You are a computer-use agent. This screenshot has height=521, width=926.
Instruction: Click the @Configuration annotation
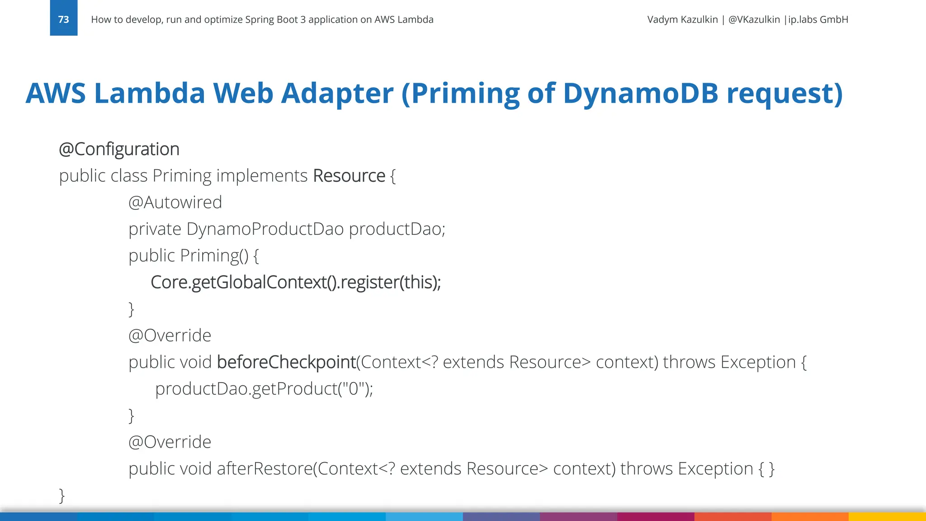(x=119, y=149)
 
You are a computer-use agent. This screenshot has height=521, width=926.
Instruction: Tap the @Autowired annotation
(x=175, y=202)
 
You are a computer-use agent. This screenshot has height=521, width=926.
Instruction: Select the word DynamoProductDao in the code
(x=265, y=229)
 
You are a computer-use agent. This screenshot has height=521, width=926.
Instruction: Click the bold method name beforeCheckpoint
(x=286, y=362)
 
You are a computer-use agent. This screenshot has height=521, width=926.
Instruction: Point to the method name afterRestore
(x=265, y=469)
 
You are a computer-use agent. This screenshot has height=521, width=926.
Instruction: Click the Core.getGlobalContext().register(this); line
(x=295, y=282)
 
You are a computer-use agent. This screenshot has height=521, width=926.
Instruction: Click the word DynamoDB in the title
(x=640, y=94)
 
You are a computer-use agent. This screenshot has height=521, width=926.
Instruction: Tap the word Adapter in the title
(x=337, y=94)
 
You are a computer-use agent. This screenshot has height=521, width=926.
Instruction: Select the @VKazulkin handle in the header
(x=754, y=19)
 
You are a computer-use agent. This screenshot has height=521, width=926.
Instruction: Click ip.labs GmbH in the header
(x=818, y=19)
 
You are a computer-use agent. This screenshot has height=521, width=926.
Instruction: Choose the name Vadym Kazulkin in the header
(x=682, y=19)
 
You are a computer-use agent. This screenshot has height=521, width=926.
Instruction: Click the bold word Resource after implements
(x=349, y=176)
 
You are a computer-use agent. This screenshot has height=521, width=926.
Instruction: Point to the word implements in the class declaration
(x=262, y=176)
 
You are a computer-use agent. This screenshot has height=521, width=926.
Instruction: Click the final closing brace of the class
(x=62, y=495)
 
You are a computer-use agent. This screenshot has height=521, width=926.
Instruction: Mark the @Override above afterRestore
(x=170, y=442)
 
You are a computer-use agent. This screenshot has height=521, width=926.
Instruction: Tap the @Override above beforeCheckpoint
(x=170, y=336)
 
